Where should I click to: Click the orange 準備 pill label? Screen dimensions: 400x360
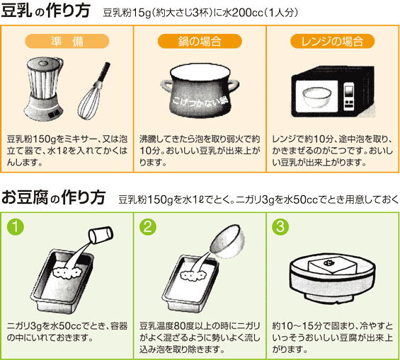(x=67, y=41)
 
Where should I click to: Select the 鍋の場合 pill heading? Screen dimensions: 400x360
(x=200, y=41)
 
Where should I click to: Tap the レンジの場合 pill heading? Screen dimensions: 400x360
(x=333, y=41)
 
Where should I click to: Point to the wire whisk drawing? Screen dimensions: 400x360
(x=93, y=92)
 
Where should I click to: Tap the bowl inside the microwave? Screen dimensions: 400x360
(x=317, y=98)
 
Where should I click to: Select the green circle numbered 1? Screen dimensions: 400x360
(x=16, y=227)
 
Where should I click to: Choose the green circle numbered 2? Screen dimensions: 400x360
(x=148, y=227)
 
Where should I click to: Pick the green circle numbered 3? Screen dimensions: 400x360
(x=280, y=227)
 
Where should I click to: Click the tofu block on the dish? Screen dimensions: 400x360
(x=333, y=265)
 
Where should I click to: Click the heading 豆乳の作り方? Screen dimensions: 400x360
(x=45, y=11)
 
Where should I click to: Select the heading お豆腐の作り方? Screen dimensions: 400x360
(x=53, y=197)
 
